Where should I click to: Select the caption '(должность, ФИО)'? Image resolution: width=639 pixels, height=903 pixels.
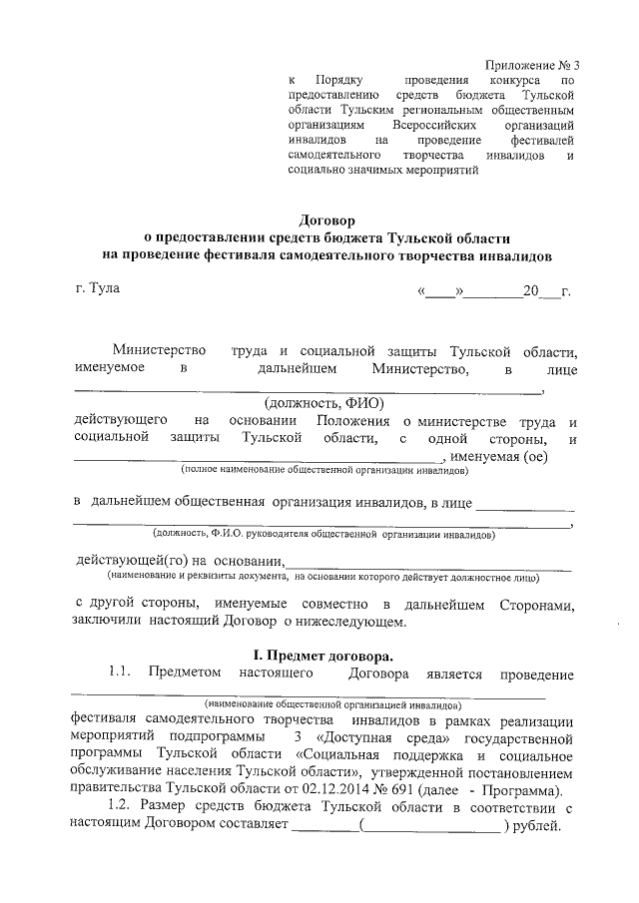click(x=313, y=404)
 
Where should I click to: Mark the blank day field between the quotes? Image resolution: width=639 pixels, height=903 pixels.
click(x=440, y=291)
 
